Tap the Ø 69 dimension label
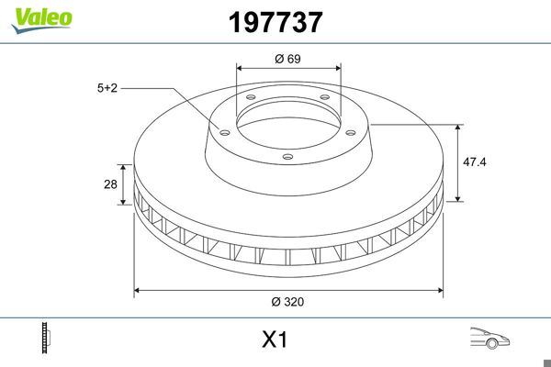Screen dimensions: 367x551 [288, 58]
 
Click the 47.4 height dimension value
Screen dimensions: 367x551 [475, 161]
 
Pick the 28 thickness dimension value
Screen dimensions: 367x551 [110, 183]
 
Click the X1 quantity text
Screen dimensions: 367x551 [275, 340]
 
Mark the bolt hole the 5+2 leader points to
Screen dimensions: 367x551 [222, 129]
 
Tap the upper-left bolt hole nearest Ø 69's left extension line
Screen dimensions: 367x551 [250, 100]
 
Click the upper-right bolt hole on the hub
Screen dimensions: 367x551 [325, 100]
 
